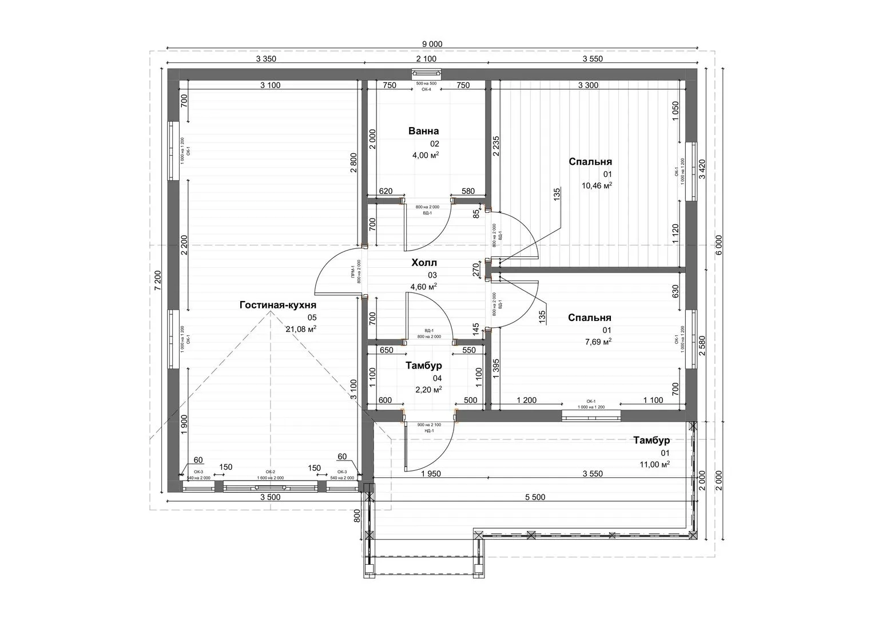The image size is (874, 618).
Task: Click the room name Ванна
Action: (x=423, y=131)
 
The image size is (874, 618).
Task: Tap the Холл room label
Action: (x=424, y=263)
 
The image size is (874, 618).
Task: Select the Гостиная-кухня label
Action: (x=277, y=305)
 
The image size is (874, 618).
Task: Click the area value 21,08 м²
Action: (x=301, y=329)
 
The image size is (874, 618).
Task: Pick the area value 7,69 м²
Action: (x=598, y=342)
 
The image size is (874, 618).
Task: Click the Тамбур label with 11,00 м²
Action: (x=651, y=441)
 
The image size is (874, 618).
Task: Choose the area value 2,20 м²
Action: (x=428, y=390)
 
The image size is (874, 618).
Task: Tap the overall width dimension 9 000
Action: (x=432, y=44)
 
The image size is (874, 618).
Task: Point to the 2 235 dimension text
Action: (x=495, y=147)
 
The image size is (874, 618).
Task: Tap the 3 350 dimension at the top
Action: (x=266, y=59)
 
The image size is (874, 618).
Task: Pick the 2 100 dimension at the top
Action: (x=426, y=59)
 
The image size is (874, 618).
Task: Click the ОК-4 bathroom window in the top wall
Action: (x=426, y=73)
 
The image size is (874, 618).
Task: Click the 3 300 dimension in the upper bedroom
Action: (x=588, y=86)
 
